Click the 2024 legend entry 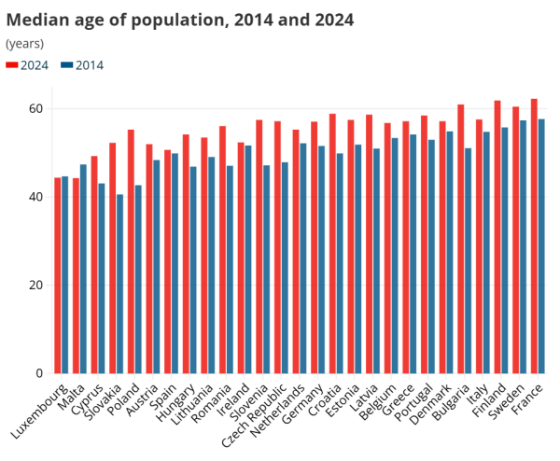27,65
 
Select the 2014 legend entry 82,65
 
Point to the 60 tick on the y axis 35,108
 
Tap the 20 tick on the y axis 35,285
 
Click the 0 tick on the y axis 38,373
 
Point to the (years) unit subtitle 25,44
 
